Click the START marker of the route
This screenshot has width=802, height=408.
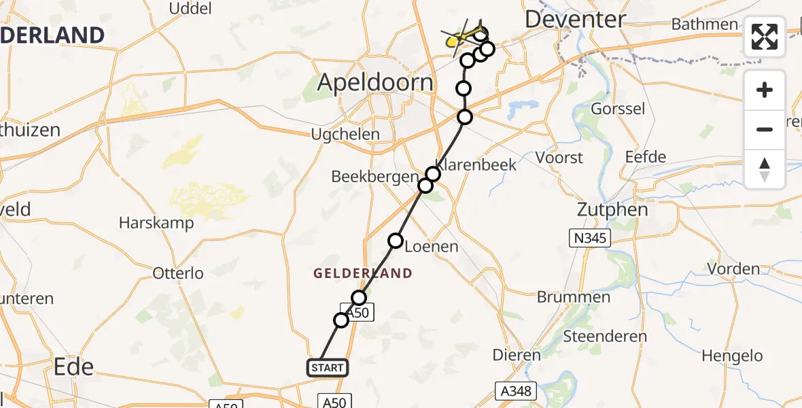[328, 368]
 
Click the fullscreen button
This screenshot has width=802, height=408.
[765, 37]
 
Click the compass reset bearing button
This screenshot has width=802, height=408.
[765, 169]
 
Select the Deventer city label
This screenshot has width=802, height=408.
[575, 19]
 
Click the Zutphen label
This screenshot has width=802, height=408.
[612, 209]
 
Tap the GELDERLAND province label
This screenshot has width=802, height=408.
[362, 273]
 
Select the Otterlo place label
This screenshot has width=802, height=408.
[178, 273]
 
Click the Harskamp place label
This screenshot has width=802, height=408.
[156, 222]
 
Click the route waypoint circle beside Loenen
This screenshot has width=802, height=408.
[395, 240]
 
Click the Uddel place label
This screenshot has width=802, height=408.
[190, 9]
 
